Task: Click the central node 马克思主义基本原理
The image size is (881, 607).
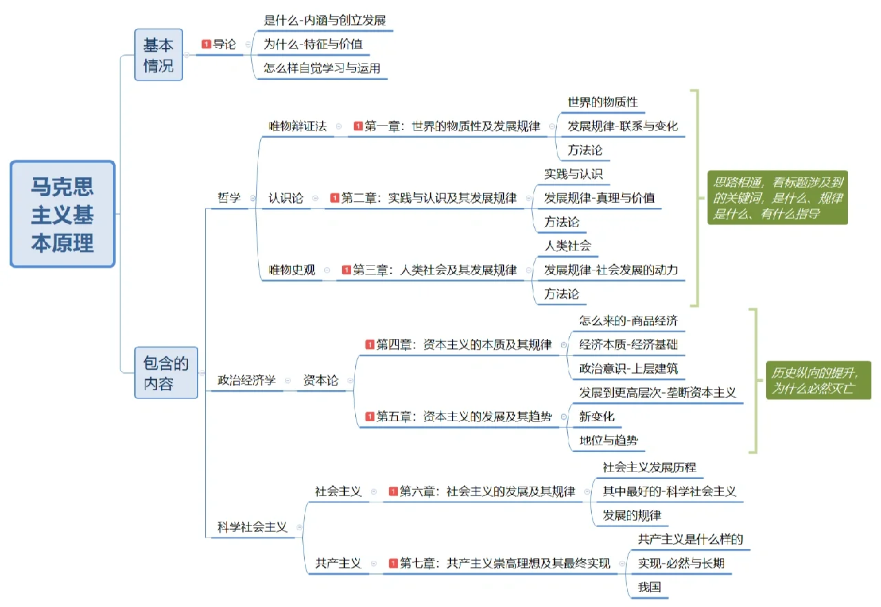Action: click(63, 214)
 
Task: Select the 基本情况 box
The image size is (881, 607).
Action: click(158, 56)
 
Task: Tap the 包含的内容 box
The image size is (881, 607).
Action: click(166, 372)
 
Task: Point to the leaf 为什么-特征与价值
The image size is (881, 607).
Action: click(313, 44)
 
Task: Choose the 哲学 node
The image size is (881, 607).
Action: click(229, 198)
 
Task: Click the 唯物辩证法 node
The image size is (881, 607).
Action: click(297, 126)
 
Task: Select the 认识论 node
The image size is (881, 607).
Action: click(286, 198)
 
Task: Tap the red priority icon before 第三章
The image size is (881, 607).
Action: click(346, 270)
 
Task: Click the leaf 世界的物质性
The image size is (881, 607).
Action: click(602, 103)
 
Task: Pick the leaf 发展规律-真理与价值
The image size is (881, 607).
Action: click(599, 198)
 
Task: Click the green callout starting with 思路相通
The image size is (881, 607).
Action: click(778, 198)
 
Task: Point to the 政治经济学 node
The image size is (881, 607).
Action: click(246, 380)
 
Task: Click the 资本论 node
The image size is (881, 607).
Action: click(321, 380)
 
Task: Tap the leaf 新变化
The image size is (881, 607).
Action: click(597, 416)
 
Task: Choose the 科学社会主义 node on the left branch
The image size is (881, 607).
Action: click(252, 527)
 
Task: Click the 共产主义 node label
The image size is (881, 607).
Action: click(338, 563)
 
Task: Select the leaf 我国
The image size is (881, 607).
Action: click(649, 587)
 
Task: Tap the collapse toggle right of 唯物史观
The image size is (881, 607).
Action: click(327, 270)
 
